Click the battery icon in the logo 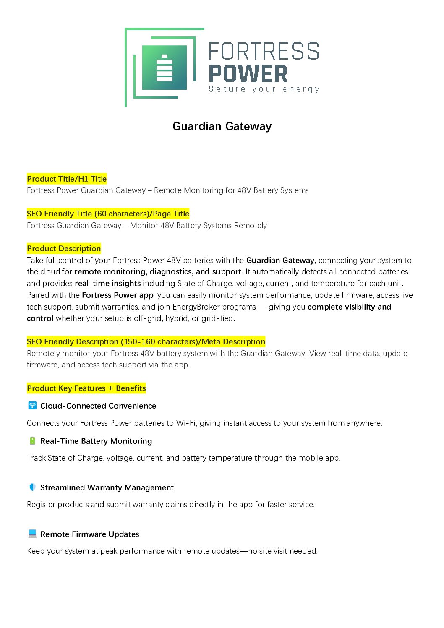pyautogui.click(x=165, y=68)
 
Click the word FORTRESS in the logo pyautogui.click(x=264, y=51)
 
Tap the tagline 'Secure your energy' pyautogui.click(x=264, y=89)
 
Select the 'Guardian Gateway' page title pyautogui.click(x=222, y=126)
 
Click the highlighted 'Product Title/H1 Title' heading pyautogui.click(x=67, y=179)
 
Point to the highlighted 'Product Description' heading pyautogui.click(x=64, y=248)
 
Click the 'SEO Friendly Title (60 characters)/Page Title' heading pyautogui.click(x=108, y=214)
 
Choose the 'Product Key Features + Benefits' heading pyautogui.click(x=86, y=388)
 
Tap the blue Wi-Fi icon pyautogui.click(x=32, y=405)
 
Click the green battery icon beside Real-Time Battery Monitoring pyautogui.click(x=32, y=440)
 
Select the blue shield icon pyautogui.click(x=32, y=487)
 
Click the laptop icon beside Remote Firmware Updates pyautogui.click(x=32, y=534)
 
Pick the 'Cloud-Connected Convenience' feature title pyautogui.click(x=98, y=406)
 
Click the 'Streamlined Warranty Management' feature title pyautogui.click(x=107, y=487)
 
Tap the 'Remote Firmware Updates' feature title pyautogui.click(x=89, y=534)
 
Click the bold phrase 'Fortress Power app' pyautogui.click(x=118, y=295)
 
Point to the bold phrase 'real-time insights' pyautogui.click(x=107, y=283)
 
